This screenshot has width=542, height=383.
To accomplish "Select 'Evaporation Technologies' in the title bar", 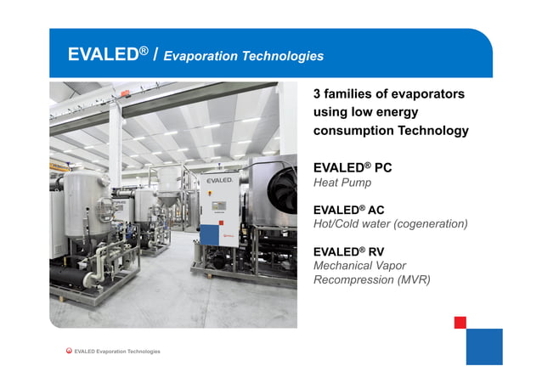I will [243, 56].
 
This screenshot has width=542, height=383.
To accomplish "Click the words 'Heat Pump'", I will [342, 183].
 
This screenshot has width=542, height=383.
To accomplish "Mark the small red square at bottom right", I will [460, 322].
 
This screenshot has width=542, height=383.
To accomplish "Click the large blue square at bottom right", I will [484, 346].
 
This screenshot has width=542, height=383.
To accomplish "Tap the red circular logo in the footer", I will [69, 351].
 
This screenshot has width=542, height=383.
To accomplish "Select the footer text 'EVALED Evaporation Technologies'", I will [117, 352].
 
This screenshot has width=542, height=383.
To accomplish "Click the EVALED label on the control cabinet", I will [219, 181].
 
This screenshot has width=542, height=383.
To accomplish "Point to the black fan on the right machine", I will [281, 191].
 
